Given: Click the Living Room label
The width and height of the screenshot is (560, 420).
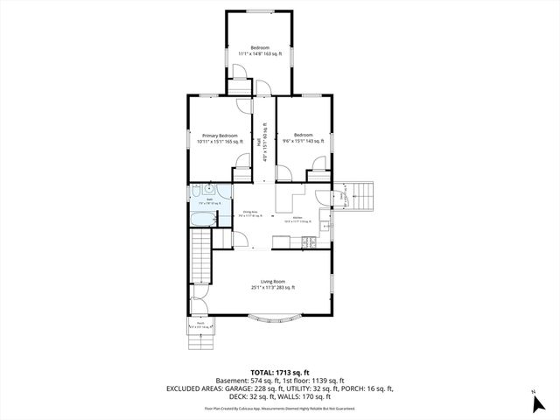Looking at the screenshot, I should click(260, 281).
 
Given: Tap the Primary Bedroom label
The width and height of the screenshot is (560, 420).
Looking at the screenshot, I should click(220, 136).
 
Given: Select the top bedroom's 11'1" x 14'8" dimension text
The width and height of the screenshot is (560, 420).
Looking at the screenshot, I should click(260, 54).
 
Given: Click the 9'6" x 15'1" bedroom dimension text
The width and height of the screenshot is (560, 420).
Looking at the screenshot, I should click(304, 141).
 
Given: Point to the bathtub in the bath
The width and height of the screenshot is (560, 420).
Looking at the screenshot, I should click(203, 209).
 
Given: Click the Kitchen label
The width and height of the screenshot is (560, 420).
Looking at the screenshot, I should click(297, 217).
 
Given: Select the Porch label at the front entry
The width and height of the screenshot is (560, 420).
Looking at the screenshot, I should click(200, 323).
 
